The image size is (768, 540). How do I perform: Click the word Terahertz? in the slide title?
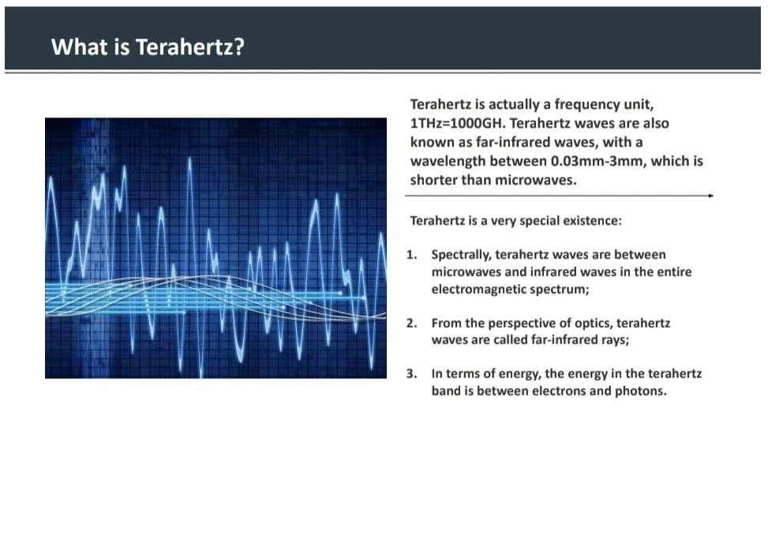click(x=189, y=47)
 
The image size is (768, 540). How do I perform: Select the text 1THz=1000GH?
click(x=458, y=123)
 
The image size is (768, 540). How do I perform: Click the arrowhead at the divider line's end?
click(x=710, y=196)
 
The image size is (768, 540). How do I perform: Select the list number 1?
click(x=411, y=255)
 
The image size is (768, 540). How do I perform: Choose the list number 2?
click(x=411, y=323)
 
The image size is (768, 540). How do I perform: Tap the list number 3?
click(x=411, y=374)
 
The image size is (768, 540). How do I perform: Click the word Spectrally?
click(x=462, y=255)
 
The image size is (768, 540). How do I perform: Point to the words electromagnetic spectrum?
click(x=511, y=289)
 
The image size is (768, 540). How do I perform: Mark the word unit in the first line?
click(x=639, y=105)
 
